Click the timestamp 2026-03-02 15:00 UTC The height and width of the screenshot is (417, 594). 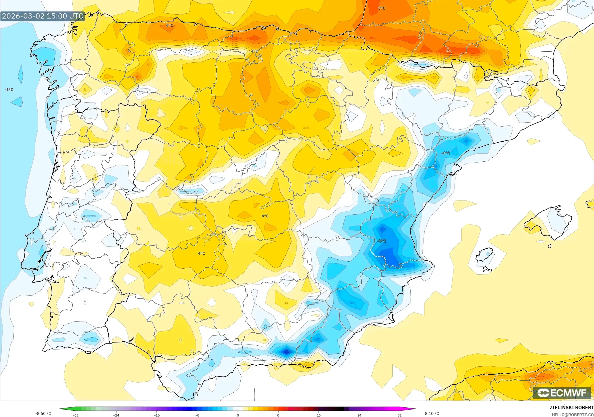coord(43,16)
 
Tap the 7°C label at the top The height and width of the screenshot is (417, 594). coord(382,9)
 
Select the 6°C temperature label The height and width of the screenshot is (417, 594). coord(170,25)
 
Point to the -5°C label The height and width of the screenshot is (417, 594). coord(382,241)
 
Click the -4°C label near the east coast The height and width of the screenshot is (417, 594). coord(445,153)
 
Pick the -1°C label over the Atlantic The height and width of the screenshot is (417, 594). coord(9,90)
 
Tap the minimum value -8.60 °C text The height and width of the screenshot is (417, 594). coord(43,413)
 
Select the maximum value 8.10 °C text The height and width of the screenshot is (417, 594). coord(432,413)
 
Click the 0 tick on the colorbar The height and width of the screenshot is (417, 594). coord(238,415)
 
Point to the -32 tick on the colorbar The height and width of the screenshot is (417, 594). coord(76,415)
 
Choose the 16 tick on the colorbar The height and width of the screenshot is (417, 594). coord(319,415)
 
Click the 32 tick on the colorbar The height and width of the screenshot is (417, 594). coord(399,415)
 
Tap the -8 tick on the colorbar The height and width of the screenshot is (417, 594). coord(197,415)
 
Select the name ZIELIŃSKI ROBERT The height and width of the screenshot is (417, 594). coord(571,407)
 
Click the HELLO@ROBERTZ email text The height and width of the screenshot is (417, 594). coord(572,415)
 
